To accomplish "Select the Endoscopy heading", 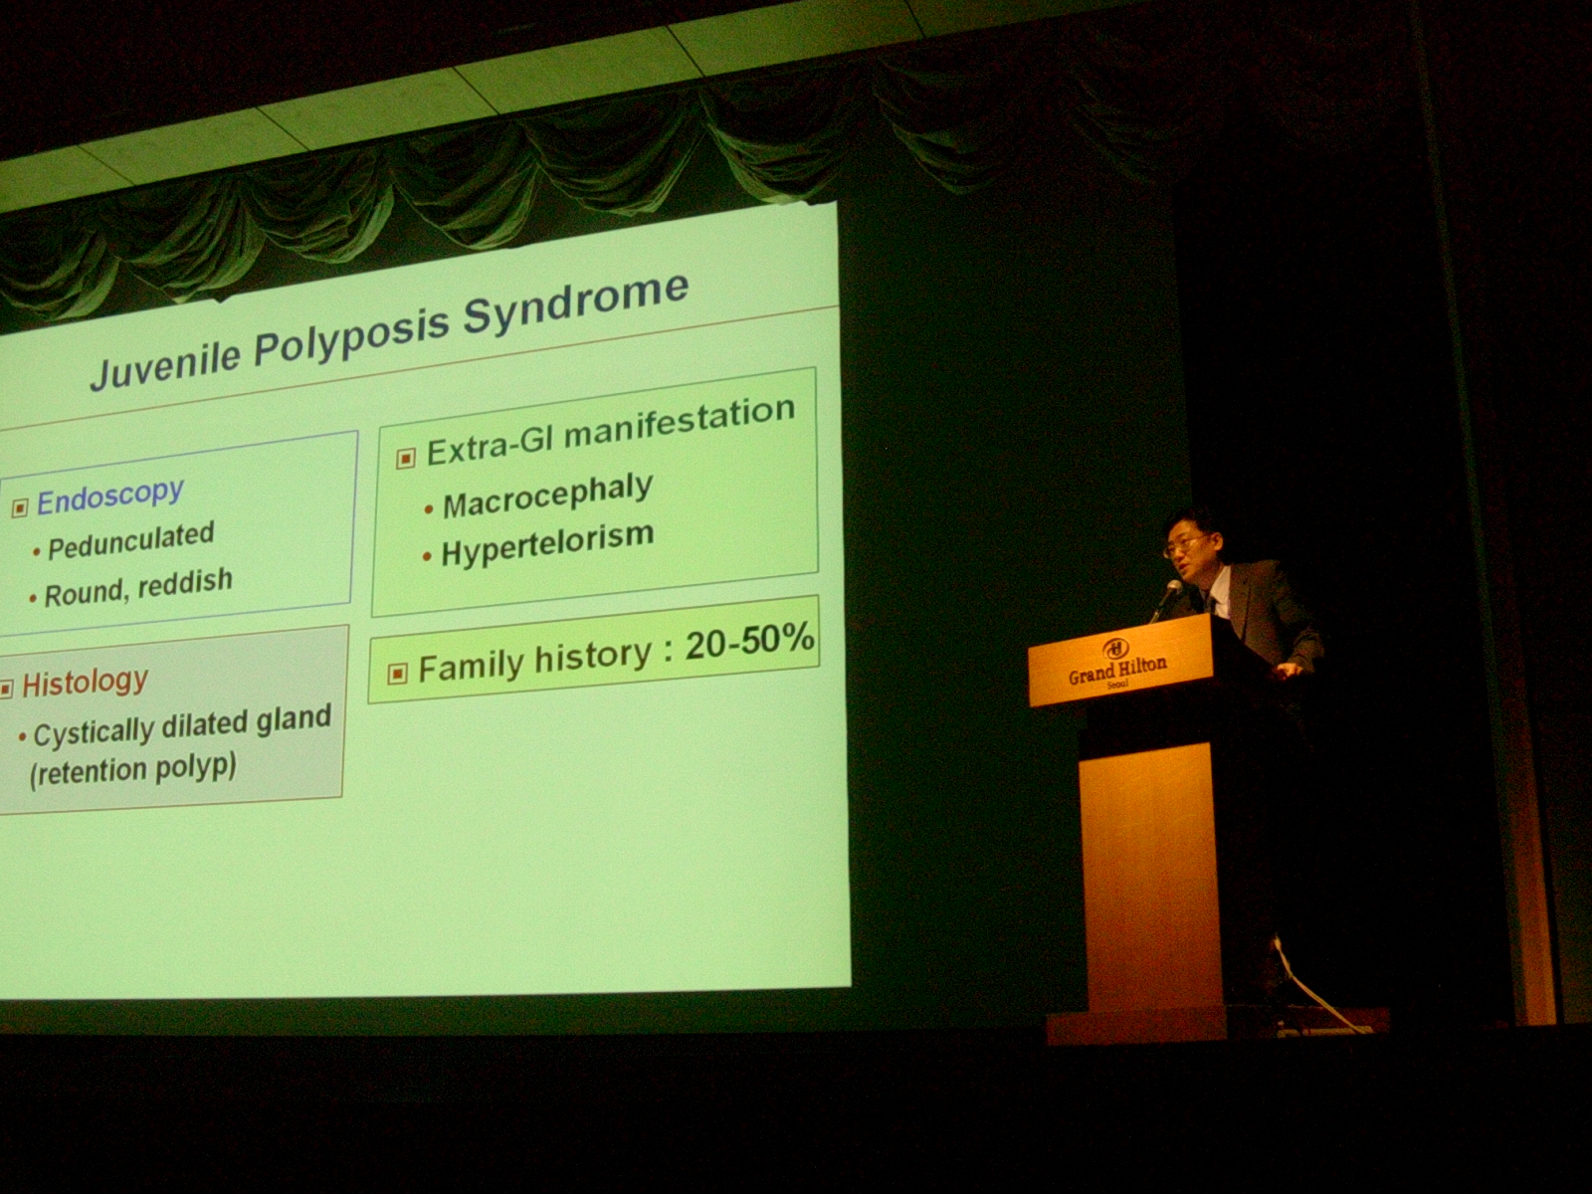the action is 110,497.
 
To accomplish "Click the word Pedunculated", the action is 131,540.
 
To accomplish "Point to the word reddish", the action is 185,582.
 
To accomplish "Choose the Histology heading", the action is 85,682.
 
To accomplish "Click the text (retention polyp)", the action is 132,770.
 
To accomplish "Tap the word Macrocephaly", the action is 547,496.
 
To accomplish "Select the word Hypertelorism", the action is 547,544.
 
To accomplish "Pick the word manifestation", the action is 680,424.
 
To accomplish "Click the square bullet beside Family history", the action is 397,674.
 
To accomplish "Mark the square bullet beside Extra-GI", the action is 406,458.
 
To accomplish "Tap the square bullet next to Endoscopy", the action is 20,507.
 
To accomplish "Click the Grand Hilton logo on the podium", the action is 1117,664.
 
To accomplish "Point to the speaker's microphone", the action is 1165,597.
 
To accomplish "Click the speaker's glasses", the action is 1184,545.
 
